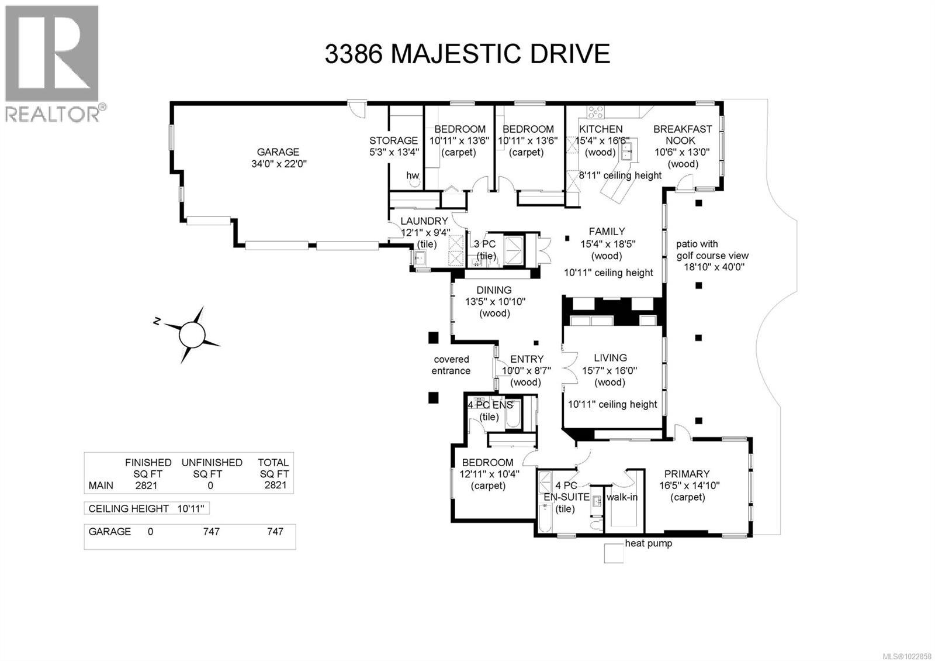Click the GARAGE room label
click(278, 152)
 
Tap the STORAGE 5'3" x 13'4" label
click(393, 146)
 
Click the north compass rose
click(192, 335)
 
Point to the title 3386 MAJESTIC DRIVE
click(467, 54)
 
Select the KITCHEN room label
click(601, 129)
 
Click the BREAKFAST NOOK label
click(682, 135)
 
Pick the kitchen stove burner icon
click(595, 112)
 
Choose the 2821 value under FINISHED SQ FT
click(146, 486)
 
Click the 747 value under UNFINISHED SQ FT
click(211, 532)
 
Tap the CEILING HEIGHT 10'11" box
click(147, 508)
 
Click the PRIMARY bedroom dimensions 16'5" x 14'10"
click(689, 486)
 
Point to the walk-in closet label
click(622, 497)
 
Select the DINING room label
click(494, 290)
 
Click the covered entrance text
click(451, 365)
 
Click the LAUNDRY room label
click(424, 221)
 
